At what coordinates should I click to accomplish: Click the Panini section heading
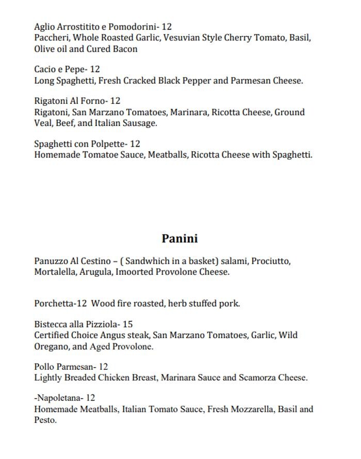(179, 239)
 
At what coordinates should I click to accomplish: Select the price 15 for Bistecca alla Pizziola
(127, 324)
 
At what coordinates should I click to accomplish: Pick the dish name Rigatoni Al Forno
(70, 101)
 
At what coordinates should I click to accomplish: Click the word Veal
(43, 123)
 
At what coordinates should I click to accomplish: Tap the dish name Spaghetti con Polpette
(80, 144)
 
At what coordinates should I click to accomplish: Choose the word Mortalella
(55, 272)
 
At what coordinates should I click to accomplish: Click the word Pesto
(45, 420)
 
